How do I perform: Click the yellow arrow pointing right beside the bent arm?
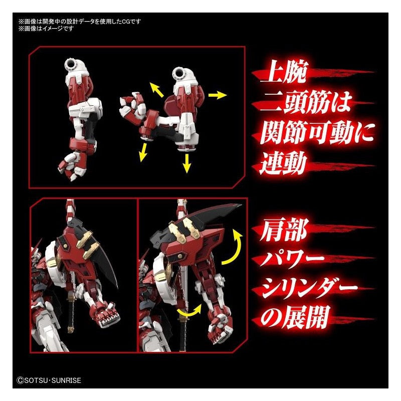[x=218, y=95]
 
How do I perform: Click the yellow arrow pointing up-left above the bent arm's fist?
[x=156, y=90]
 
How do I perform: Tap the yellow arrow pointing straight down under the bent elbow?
[x=187, y=163]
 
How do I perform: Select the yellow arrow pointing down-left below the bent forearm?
[x=143, y=152]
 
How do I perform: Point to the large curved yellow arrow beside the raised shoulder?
[x=234, y=247]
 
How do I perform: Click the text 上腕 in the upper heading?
[x=283, y=71]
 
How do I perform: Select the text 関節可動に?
[x=317, y=132]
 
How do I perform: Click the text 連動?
[x=283, y=163]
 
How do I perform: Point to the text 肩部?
[x=283, y=230]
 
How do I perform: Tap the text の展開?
[x=294, y=318]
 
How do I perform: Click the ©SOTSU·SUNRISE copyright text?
[x=49, y=380]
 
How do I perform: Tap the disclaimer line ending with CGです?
[x=80, y=22]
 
